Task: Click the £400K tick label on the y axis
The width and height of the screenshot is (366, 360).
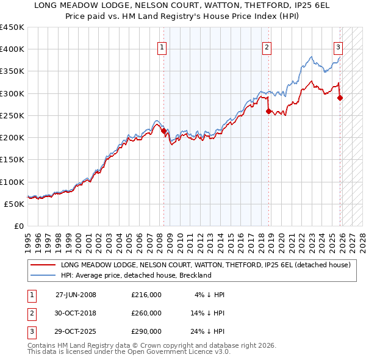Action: pyautogui.click(x=12, y=49)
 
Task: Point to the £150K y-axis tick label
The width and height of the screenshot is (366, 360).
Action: pyautogui.click(x=12, y=159)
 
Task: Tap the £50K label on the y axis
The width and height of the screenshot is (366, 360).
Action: pyautogui.click(x=14, y=204)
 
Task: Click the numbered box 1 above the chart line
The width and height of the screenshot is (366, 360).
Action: pyautogui.click(x=162, y=48)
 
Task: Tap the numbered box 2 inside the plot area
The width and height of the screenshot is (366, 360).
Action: pyautogui.click(x=267, y=48)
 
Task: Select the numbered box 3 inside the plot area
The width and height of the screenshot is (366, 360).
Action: pyautogui.click(x=338, y=48)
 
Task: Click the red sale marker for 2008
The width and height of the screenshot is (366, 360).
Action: pyautogui.click(x=163, y=131)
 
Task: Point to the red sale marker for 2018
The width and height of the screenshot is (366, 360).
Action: pyautogui.click(x=268, y=111)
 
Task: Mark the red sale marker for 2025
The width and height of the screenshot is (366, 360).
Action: pyautogui.click(x=340, y=98)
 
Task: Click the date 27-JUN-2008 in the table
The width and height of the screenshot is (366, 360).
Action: pyautogui.click(x=76, y=295)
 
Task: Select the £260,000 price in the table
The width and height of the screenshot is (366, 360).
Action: pyautogui.click(x=146, y=313)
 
